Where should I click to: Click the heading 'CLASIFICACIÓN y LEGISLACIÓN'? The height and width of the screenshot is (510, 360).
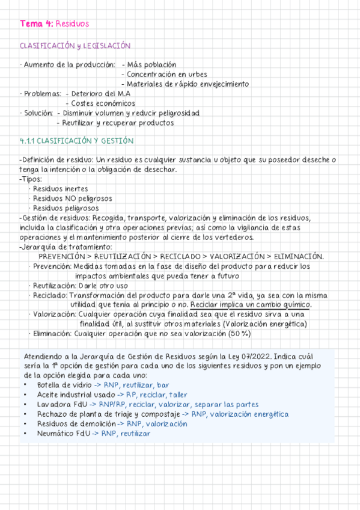[75, 46]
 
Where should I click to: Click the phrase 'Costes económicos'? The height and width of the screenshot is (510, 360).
[103, 103]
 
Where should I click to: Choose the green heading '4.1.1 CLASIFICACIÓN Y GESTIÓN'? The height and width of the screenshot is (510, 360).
[76, 141]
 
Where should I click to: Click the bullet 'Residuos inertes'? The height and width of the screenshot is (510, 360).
[61, 189]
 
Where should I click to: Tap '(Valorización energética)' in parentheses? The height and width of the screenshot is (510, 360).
[264, 324]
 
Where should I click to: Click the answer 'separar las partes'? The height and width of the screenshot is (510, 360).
[228, 404]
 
